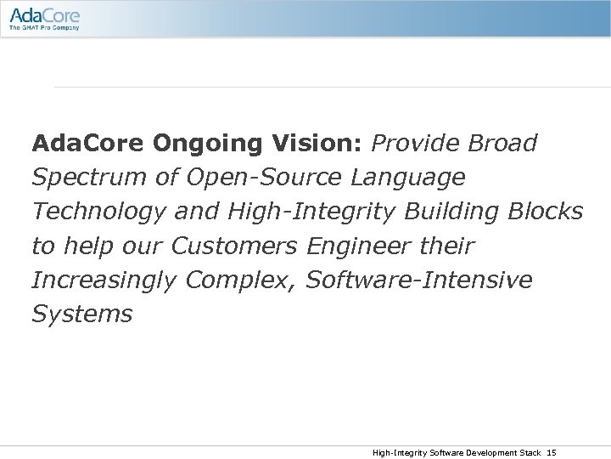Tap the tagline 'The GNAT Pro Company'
(x=44, y=27)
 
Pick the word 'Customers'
(x=233, y=246)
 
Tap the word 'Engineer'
(x=356, y=246)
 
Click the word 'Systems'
(x=81, y=314)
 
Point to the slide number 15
(x=552, y=452)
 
